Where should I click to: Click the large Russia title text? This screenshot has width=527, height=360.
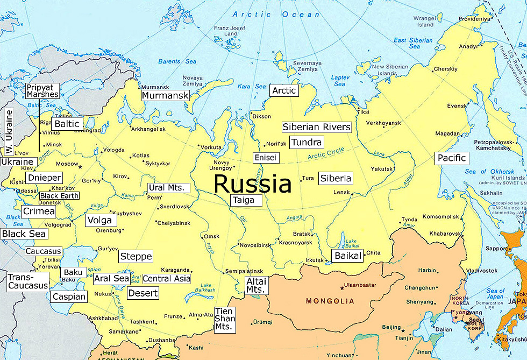(x=252, y=184)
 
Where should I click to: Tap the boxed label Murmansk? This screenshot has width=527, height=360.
(x=166, y=95)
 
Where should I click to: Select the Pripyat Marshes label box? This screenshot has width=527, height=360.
(x=42, y=90)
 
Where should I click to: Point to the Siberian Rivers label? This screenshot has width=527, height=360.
(x=316, y=128)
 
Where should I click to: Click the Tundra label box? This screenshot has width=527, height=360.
(x=307, y=142)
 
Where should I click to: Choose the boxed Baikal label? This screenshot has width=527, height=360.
(x=348, y=256)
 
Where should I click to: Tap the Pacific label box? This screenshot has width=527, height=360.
(x=451, y=158)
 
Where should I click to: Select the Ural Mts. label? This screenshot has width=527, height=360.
(x=169, y=188)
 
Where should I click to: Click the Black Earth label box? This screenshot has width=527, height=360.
(x=59, y=196)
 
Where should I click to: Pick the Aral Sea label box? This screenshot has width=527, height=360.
(x=111, y=279)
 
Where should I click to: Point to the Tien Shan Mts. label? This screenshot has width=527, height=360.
(x=225, y=319)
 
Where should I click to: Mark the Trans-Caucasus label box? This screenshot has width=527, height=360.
(x=27, y=281)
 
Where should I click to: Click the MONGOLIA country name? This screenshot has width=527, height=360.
(x=330, y=301)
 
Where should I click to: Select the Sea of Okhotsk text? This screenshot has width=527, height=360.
(x=482, y=172)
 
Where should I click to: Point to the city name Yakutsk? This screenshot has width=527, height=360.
(x=382, y=168)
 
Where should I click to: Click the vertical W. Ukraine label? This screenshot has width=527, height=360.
(x=8, y=131)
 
